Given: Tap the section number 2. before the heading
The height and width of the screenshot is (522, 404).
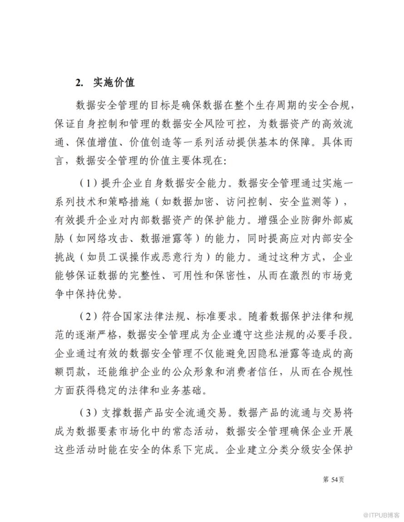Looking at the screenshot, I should [x=80, y=83].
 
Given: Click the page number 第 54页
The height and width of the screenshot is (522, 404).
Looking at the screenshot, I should [x=334, y=479].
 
